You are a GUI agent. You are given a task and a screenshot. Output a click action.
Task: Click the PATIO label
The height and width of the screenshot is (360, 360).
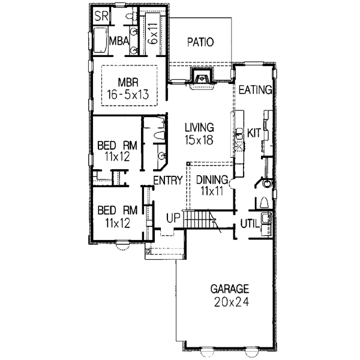[x=200, y=42]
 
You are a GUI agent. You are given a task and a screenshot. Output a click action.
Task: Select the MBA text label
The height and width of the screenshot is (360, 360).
[x=117, y=41]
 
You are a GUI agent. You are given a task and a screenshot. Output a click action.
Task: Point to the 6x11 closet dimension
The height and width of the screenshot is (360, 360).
[x=154, y=32]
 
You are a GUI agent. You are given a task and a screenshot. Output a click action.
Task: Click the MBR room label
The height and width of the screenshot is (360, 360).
[x=129, y=82]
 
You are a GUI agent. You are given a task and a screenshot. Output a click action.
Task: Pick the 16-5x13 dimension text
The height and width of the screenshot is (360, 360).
[x=128, y=94]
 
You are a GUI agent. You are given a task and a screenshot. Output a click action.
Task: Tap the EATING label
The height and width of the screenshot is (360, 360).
[x=256, y=90]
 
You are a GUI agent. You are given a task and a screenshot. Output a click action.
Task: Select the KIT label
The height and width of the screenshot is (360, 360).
[x=254, y=133]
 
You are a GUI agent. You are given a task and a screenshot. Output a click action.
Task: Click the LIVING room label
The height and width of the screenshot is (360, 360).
[x=199, y=127]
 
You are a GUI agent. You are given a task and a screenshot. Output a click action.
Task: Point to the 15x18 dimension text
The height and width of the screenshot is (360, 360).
[x=199, y=139]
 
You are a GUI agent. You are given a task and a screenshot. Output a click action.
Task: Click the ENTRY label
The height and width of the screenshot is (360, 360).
[x=167, y=181]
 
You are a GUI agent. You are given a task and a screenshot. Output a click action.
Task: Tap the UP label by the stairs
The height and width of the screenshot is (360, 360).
[x=173, y=217]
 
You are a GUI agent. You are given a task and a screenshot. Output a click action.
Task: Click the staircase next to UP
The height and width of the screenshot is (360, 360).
[x=198, y=220]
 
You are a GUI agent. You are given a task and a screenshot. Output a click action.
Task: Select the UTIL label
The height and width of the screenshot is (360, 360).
[x=250, y=223]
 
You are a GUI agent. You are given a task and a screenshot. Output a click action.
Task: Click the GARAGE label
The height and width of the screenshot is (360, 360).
[x=229, y=289]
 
